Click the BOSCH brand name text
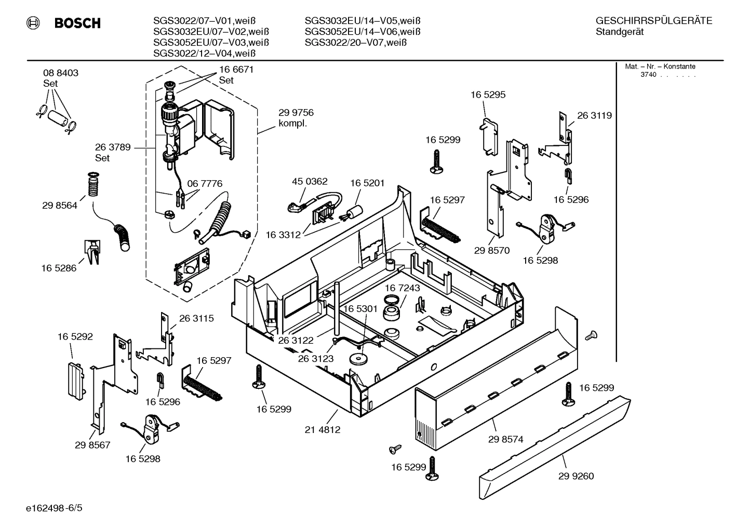pyautogui.click(x=77, y=23)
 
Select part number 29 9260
pyautogui.click(x=576, y=476)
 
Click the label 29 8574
pyautogui.click(x=505, y=439)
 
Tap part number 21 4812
pyautogui.click(x=323, y=430)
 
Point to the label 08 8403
pyautogui.click(x=61, y=73)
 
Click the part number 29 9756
pyautogui.click(x=296, y=113)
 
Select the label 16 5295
pyautogui.click(x=488, y=94)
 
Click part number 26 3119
pyautogui.click(x=594, y=115)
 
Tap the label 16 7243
pyautogui.click(x=403, y=288)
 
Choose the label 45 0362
pyautogui.click(x=310, y=181)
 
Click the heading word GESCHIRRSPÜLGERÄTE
pyautogui.click(x=653, y=21)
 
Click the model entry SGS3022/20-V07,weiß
pyautogui.click(x=355, y=43)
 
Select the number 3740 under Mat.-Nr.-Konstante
pyautogui.click(x=648, y=75)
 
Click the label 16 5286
pyautogui.click(x=59, y=268)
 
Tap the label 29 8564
pyautogui.click(x=60, y=205)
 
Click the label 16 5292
pyautogui.click(x=75, y=336)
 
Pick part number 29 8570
pyautogui.click(x=491, y=250)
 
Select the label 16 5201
pyautogui.click(x=367, y=183)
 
